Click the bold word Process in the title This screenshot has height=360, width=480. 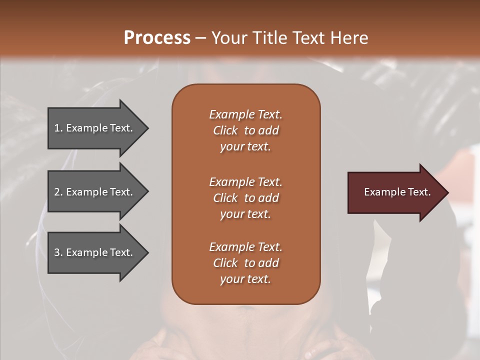pyautogui.click(x=157, y=38)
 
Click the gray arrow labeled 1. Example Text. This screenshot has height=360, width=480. pyautogui.click(x=95, y=128)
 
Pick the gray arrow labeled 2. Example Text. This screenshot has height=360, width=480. pyautogui.click(x=95, y=192)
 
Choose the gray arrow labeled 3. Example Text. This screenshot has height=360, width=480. pyautogui.click(x=95, y=252)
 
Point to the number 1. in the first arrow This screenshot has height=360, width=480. pyautogui.click(x=58, y=128)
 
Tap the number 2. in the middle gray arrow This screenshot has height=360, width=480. pyautogui.click(x=58, y=192)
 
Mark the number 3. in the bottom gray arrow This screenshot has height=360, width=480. pyautogui.click(x=58, y=252)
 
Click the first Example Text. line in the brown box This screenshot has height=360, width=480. pyautogui.click(x=245, y=114)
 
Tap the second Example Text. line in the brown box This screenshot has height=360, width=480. pyautogui.click(x=245, y=182)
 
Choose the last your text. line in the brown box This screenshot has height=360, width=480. pyautogui.click(x=245, y=279)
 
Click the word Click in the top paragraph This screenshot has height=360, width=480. pyautogui.click(x=225, y=130)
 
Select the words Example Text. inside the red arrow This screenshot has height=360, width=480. pyautogui.click(x=397, y=192)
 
